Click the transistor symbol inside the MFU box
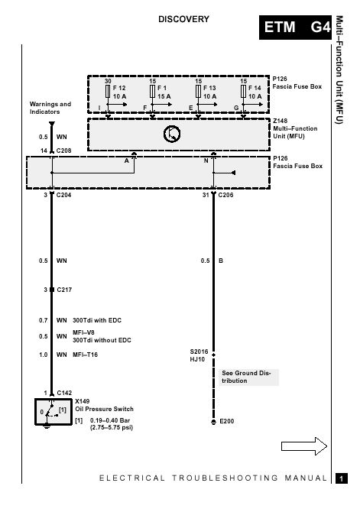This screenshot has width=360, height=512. click(x=172, y=134)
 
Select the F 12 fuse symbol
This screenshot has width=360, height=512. click(x=108, y=91)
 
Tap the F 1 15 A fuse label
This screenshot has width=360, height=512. click(x=164, y=92)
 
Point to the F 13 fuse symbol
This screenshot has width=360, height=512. click(x=198, y=91)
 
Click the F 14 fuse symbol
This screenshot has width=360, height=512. click(x=243, y=91)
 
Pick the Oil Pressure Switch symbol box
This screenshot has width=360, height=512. click(x=54, y=412)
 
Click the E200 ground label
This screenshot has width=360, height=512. click(x=227, y=421)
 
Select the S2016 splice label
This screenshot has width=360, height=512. click(x=199, y=352)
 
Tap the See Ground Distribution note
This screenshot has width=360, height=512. click(x=246, y=377)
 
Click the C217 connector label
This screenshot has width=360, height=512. click(x=64, y=290)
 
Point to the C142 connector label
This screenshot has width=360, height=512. click(x=64, y=393)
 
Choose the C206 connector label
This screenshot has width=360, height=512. click(x=225, y=195)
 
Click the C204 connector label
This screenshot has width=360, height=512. click(x=63, y=195)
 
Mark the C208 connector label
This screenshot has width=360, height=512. click(x=63, y=151)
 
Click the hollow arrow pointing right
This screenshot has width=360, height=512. click(x=304, y=446)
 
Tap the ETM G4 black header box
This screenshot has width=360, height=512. click(x=295, y=28)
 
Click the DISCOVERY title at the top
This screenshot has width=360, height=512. click(x=183, y=19)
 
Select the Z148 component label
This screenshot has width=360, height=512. click(x=281, y=121)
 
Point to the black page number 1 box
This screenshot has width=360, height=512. click(x=342, y=478)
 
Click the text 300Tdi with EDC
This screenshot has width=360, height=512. click(x=97, y=320)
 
